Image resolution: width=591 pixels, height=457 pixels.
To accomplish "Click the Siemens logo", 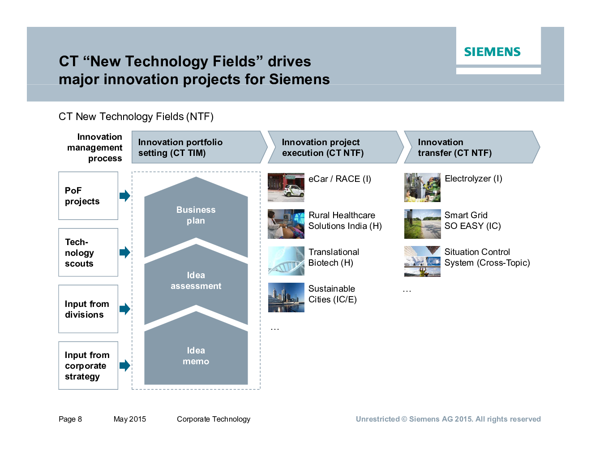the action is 492,52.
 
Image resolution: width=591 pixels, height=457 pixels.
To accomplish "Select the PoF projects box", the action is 88,196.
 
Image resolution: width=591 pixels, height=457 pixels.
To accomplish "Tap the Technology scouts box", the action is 88,252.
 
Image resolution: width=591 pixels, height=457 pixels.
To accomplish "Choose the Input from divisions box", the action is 88,309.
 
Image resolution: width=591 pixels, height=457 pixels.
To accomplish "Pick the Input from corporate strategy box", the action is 88,366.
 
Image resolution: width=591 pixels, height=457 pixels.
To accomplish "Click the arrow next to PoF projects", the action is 125,196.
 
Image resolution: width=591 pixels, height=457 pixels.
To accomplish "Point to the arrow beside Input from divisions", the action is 125,309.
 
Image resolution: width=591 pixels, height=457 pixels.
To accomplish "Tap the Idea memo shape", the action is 196,351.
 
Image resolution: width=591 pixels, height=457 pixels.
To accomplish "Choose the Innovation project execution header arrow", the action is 336,147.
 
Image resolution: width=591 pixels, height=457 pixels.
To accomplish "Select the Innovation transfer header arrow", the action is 472,147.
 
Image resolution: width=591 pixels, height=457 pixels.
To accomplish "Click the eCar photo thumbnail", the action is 286,188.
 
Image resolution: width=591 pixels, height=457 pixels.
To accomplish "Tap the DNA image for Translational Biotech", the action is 286,261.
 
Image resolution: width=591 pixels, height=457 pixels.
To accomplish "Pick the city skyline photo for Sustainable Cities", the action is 286,297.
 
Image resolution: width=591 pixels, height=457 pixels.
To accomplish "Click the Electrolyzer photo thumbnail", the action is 422,188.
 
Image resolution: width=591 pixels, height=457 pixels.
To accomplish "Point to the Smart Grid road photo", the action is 422,224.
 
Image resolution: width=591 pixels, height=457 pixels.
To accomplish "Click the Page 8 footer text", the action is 70,419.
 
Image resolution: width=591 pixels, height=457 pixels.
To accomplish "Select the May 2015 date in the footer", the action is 130,419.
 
